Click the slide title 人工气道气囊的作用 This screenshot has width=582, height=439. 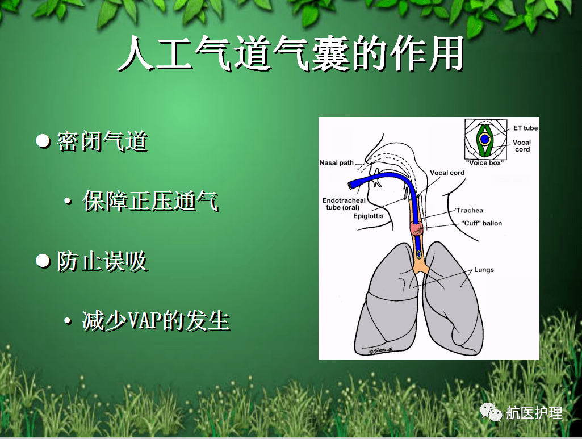coord(290,55)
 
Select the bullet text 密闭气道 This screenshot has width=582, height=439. coord(102,141)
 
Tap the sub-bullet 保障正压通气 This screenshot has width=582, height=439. coord(150,201)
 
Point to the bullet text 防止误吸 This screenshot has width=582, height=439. coord(102,262)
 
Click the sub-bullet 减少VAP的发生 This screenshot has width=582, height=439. coord(156,321)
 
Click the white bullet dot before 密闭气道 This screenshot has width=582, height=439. coord(43,141)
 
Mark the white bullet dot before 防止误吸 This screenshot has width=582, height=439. coord(43,261)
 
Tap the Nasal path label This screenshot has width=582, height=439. coord(336,163)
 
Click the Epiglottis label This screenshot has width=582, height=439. coord(368,216)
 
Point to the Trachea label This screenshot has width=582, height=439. coord(470,211)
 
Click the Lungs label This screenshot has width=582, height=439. coord(484,270)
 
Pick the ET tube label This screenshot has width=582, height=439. coord(525,128)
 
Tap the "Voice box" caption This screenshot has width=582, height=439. coord(484,163)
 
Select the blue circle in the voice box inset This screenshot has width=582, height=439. coord(484,139)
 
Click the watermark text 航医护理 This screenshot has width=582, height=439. coord(534,413)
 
